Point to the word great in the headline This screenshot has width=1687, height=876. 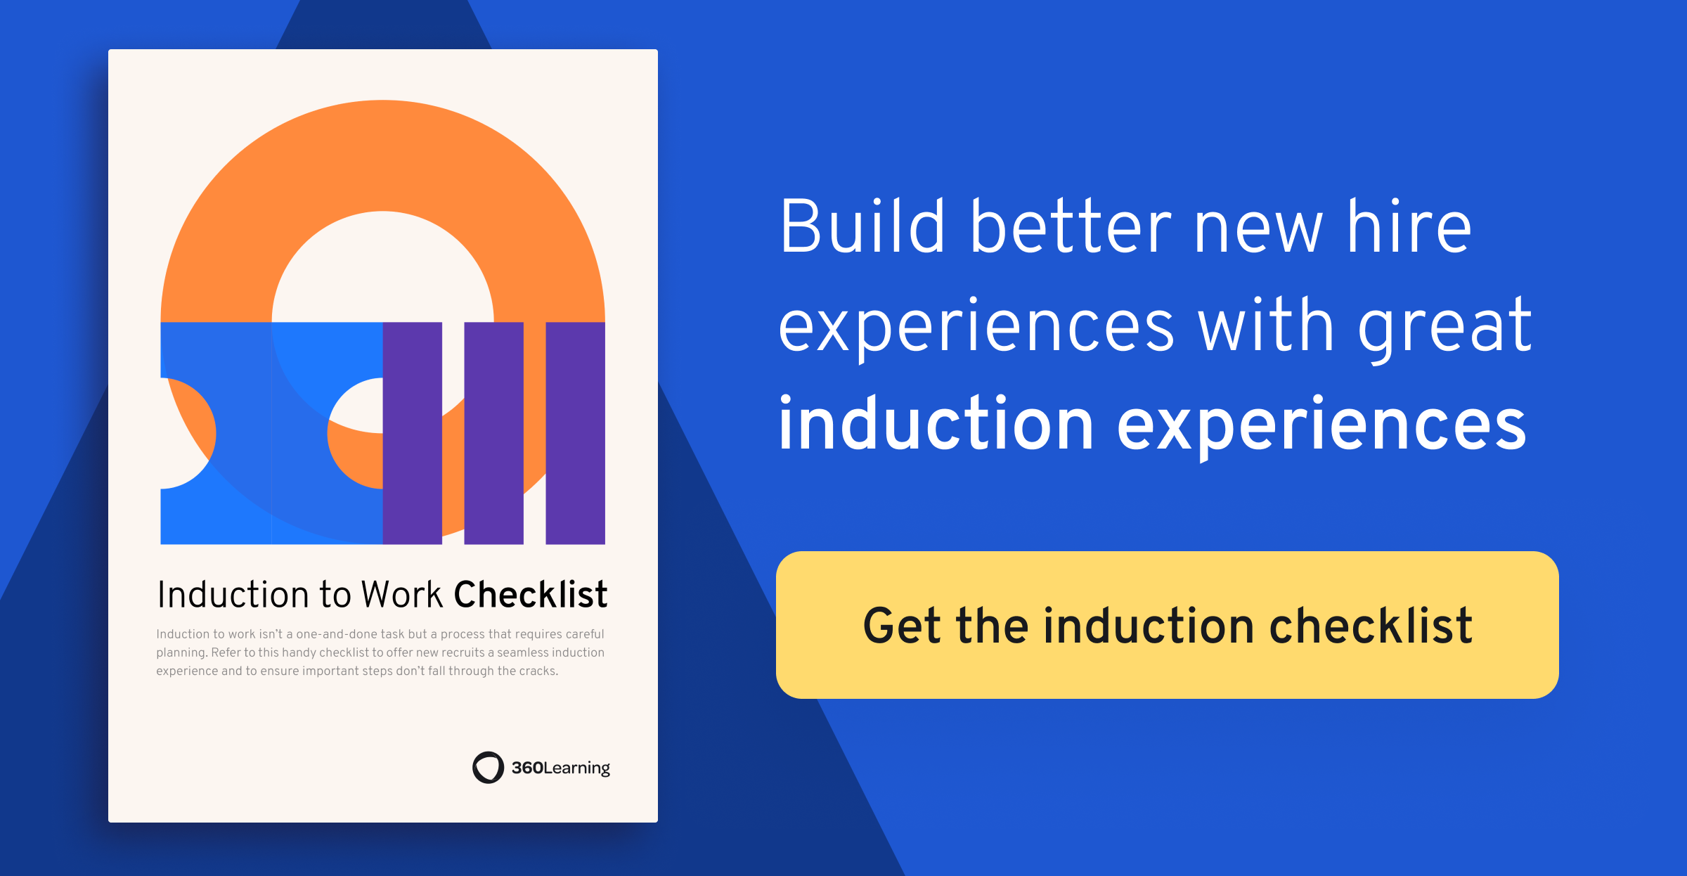[1444, 326]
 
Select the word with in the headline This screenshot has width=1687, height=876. [1266, 326]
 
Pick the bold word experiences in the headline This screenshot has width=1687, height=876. [1321, 426]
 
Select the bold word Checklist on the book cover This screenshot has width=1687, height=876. [531, 595]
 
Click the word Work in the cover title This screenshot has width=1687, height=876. [402, 595]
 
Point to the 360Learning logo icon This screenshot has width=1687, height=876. [488, 767]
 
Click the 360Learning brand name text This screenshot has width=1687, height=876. [560, 768]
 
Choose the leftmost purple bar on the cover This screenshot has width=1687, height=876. [413, 433]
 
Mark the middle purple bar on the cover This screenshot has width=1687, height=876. [494, 433]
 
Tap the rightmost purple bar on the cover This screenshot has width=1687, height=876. [576, 433]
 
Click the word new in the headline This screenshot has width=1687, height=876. [1258, 229]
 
